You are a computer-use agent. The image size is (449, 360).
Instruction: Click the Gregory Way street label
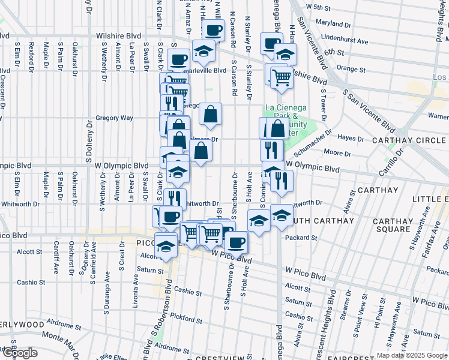(x=114, y=118)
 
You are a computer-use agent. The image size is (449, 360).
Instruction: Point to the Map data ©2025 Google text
(x=412, y=355)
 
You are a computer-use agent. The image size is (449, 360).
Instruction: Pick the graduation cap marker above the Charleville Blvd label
(x=204, y=50)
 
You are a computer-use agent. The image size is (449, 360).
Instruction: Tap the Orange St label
(x=347, y=68)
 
